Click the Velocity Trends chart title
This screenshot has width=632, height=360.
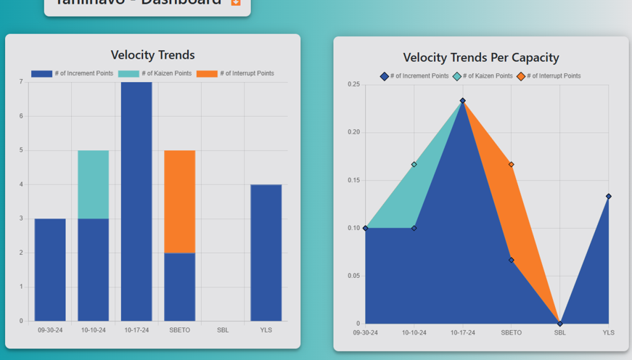[x=152, y=55]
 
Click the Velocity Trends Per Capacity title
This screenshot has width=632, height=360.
[x=481, y=57]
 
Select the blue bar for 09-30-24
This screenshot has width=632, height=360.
[x=50, y=269]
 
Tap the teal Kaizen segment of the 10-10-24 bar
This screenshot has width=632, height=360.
[x=94, y=184]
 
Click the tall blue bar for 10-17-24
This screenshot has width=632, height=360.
[x=136, y=201]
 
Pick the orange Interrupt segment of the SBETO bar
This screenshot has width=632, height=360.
[x=179, y=201]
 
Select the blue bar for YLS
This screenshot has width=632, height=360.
[x=266, y=253]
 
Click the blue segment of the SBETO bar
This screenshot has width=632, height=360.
[x=179, y=287]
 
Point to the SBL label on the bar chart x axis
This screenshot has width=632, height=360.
[x=223, y=330]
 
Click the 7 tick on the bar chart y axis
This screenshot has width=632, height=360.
[x=21, y=82]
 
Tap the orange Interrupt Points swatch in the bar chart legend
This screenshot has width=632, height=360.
[x=207, y=74]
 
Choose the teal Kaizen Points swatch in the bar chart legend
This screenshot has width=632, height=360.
[x=128, y=74]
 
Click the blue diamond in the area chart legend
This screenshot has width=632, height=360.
[x=385, y=76]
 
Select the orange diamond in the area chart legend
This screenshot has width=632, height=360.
[x=521, y=76]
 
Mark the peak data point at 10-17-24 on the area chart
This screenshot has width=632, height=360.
[x=463, y=101]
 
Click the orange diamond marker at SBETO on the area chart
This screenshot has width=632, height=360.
[x=512, y=165]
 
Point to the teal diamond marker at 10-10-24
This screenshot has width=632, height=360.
[x=414, y=165]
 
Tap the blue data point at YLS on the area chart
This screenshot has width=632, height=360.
[x=609, y=197]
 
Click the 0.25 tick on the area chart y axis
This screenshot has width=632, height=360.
[x=354, y=85]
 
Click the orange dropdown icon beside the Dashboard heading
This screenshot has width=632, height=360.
[x=235, y=2]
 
